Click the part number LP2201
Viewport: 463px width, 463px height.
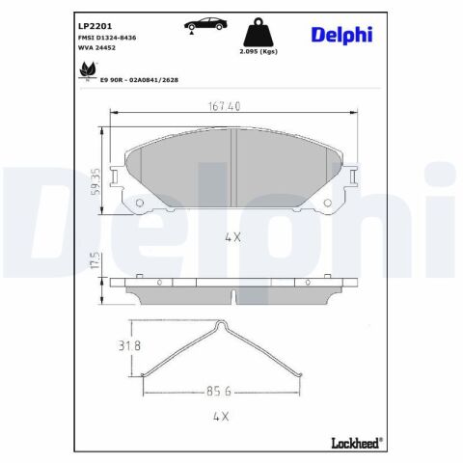pyautogui.click(x=95, y=26)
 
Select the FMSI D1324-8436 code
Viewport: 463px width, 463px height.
pyautogui.click(x=107, y=38)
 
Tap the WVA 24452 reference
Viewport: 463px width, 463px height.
pyautogui.click(x=96, y=48)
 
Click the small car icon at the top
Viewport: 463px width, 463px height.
pyautogui.click(x=205, y=25)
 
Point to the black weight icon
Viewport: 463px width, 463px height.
pyautogui.click(x=259, y=32)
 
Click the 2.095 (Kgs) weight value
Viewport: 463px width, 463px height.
pyautogui.click(x=259, y=51)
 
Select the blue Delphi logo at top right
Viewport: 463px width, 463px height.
pyautogui.click(x=341, y=35)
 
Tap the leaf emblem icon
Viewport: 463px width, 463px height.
pyautogui.click(x=88, y=70)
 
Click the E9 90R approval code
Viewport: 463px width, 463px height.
pyautogui.click(x=139, y=80)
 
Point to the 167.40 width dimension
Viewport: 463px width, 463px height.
pyautogui.click(x=224, y=106)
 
